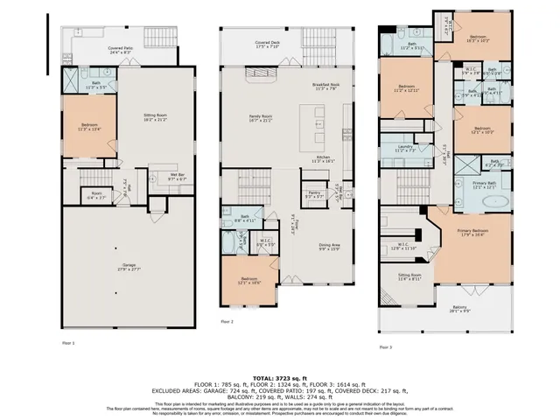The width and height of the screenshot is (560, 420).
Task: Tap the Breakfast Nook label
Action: tap(325, 87)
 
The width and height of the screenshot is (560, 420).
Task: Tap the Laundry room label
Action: tap(405, 149)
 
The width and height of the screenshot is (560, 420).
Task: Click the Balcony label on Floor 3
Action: tap(459, 308)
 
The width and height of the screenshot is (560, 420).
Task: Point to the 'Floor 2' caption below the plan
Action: tap(226, 322)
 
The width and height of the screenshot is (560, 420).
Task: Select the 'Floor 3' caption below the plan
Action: tap(384, 346)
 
